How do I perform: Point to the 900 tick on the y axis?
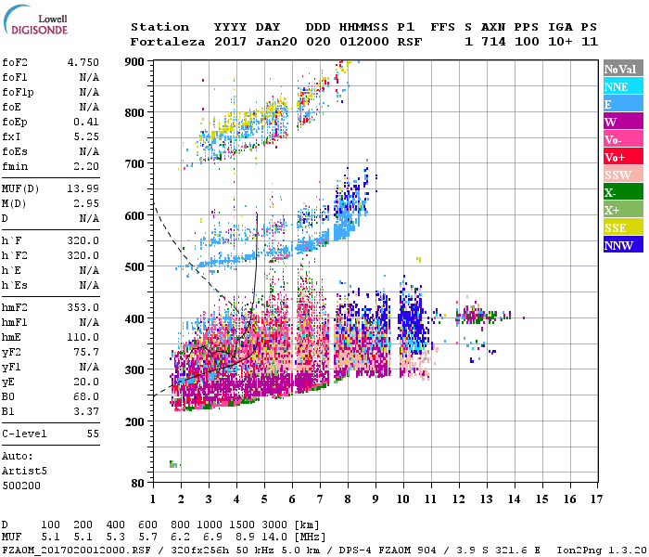[x=135, y=62]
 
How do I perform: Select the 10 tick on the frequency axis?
[x=403, y=499]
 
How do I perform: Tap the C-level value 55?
[x=93, y=434]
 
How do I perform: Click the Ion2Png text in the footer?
[x=578, y=550]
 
